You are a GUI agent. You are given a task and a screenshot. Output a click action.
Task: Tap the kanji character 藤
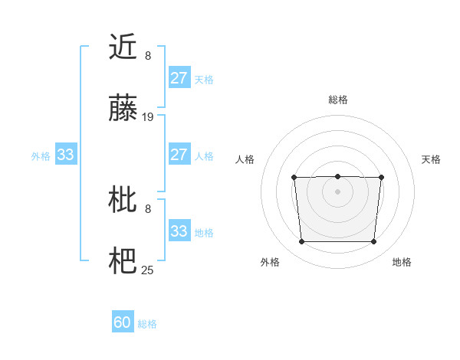123,108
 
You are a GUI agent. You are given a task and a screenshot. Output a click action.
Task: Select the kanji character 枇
123,200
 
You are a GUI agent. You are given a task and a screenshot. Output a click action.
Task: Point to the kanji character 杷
123,261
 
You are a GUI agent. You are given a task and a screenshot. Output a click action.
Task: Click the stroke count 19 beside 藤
149,117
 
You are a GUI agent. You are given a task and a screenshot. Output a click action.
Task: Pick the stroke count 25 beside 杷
149,270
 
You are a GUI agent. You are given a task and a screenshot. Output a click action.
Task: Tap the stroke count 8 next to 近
148,56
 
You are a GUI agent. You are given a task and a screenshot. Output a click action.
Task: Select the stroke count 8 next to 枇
148,208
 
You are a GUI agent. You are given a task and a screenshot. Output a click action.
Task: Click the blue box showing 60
123,323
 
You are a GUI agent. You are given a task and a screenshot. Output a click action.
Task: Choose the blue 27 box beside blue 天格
179,78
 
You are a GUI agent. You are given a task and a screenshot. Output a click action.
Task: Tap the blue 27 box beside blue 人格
179,155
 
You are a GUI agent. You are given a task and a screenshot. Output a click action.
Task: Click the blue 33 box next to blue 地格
179,231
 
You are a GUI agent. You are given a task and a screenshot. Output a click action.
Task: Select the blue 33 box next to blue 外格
65,155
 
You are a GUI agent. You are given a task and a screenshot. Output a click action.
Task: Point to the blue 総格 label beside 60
147,324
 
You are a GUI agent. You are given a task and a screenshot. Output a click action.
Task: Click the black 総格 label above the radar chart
337,100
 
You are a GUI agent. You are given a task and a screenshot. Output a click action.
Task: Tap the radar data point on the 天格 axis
381,178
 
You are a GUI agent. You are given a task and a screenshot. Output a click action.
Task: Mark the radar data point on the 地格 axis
373,242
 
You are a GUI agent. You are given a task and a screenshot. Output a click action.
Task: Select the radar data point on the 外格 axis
301,242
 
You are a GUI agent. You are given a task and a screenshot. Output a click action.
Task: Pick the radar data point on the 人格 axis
294,178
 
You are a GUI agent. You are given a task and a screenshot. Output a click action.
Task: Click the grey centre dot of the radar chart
337,191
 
